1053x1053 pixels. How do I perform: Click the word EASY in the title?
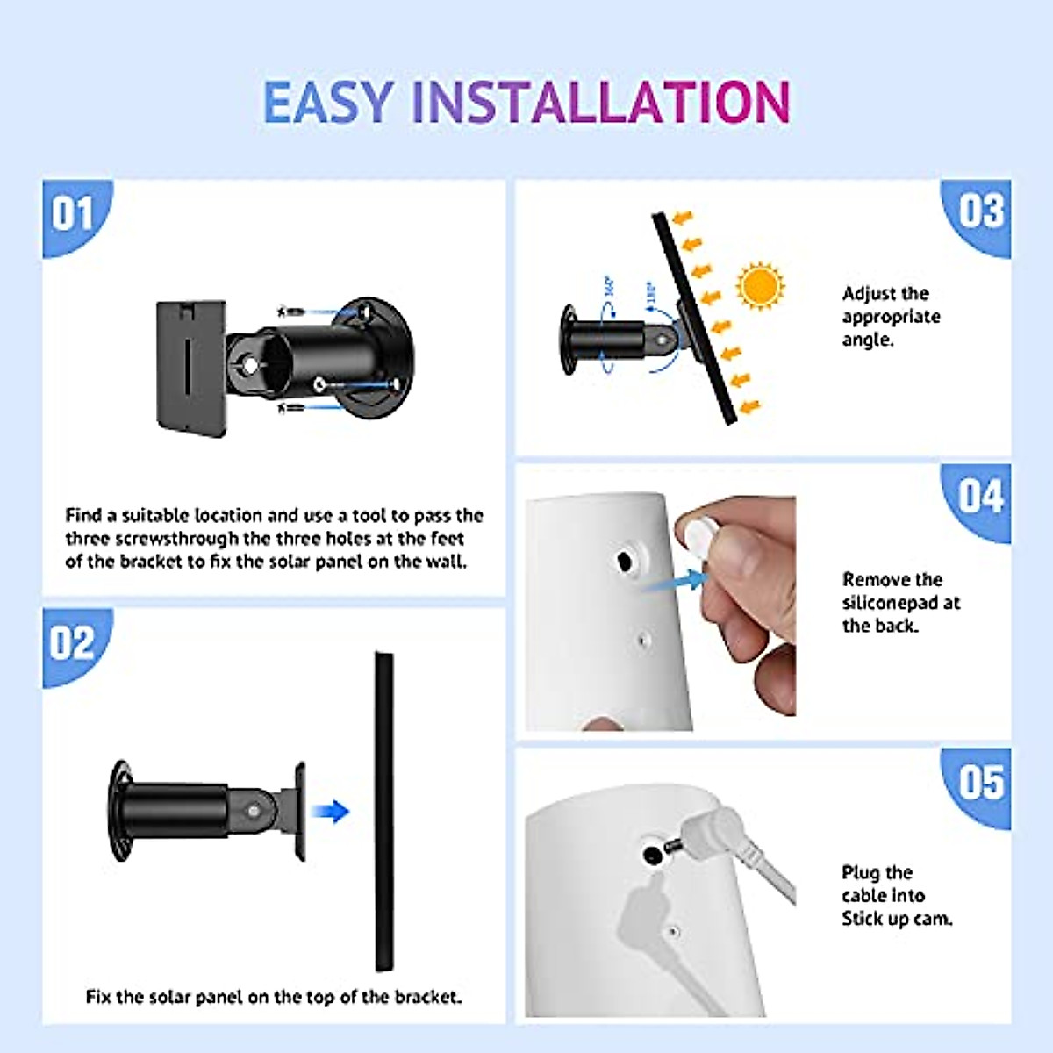click(x=328, y=102)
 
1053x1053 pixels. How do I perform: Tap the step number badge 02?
click(x=72, y=643)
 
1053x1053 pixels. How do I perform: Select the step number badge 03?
click(x=980, y=212)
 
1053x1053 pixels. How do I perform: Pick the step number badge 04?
click(x=980, y=497)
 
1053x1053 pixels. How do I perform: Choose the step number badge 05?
click(x=980, y=782)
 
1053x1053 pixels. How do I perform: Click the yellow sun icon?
click(x=760, y=286)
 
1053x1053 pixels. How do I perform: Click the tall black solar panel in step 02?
click(x=383, y=812)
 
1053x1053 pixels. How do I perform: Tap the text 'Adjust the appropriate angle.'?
click(x=890, y=317)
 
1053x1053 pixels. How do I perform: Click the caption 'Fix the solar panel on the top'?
click(x=274, y=997)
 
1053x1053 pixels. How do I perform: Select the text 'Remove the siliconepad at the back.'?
click(x=900, y=603)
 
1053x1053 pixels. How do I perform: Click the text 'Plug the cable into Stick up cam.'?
click(x=895, y=895)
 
